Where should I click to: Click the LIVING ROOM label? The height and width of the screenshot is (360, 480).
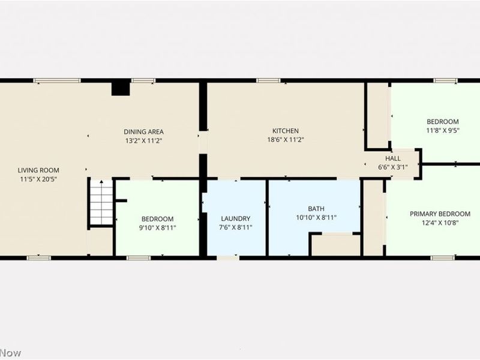(x=38, y=170)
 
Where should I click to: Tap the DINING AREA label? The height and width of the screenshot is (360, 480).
(x=143, y=131)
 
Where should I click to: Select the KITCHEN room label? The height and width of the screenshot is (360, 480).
(x=285, y=131)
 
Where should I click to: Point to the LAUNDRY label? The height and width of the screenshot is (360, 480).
(x=235, y=218)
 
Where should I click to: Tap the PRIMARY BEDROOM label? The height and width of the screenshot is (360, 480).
(x=440, y=214)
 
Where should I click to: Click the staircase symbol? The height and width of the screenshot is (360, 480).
(x=101, y=203)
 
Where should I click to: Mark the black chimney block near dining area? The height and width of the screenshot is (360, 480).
(x=121, y=88)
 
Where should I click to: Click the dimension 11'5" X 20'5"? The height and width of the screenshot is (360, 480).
(x=38, y=179)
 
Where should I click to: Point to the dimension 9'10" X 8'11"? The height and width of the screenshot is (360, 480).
(x=157, y=227)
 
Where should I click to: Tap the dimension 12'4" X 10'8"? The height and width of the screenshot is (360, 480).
(x=440, y=223)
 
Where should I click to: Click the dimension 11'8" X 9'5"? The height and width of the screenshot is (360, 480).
(x=443, y=130)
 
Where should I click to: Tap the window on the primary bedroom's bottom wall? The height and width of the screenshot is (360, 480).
(x=443, y=258)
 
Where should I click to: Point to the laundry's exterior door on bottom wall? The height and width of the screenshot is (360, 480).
(x=227, y=258)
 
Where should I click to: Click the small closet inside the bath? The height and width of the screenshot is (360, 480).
(x=335, y=245)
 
